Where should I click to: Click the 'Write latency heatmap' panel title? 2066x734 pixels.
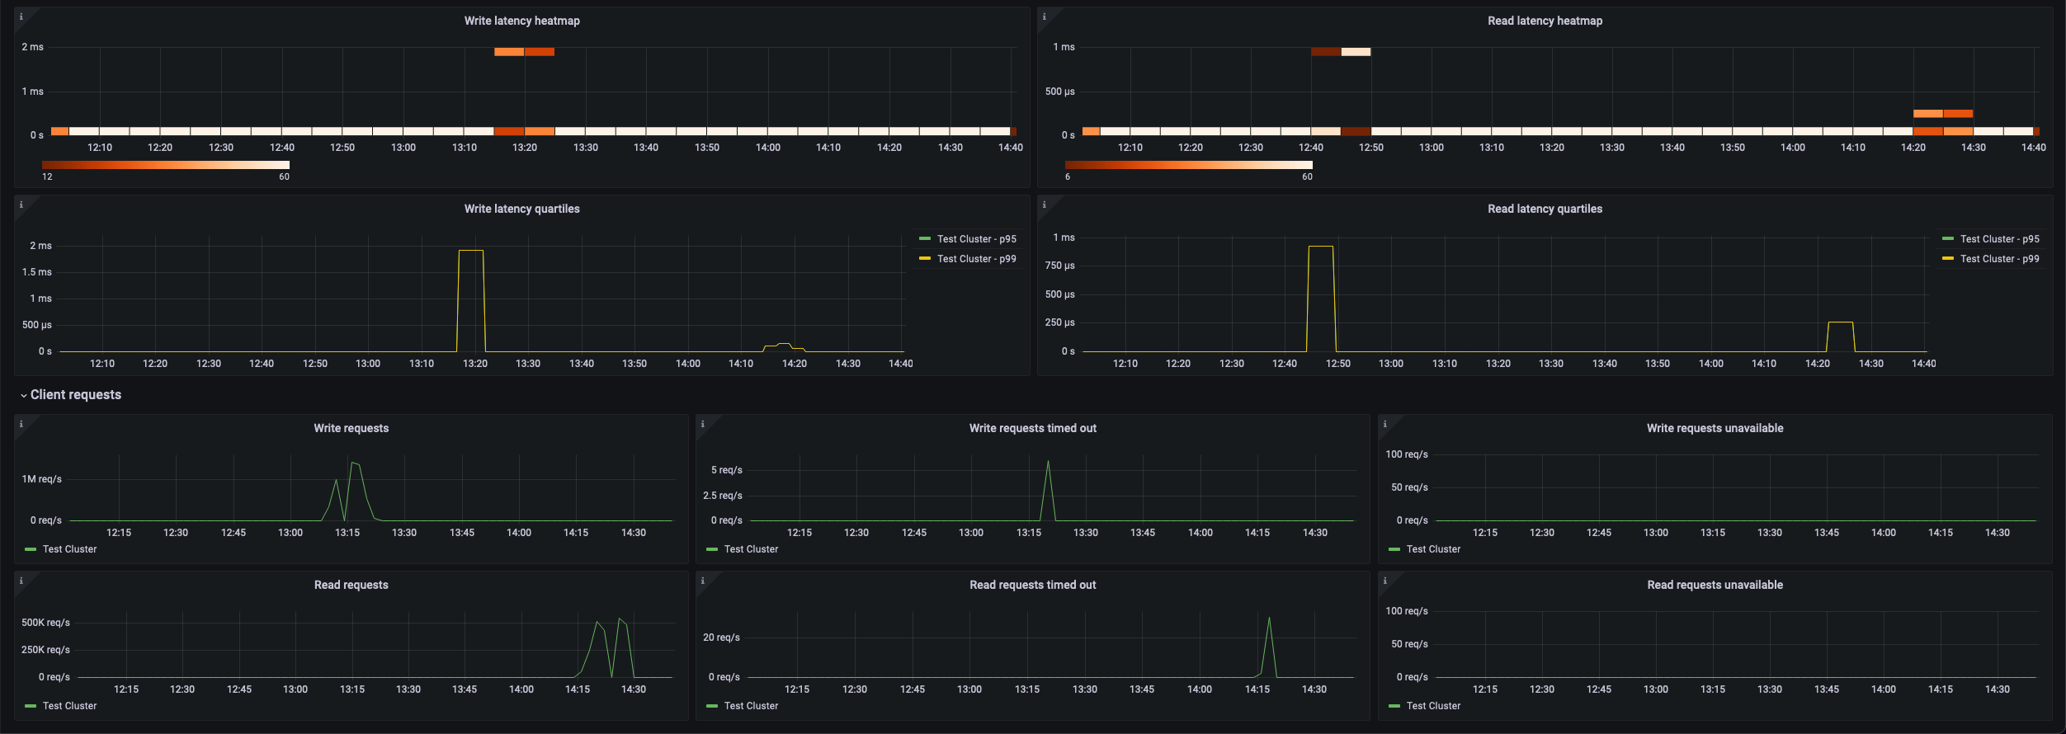521,21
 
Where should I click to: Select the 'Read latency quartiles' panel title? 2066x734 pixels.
1545,209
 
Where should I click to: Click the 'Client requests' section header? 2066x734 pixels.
76,395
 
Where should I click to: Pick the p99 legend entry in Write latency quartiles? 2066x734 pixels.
976,259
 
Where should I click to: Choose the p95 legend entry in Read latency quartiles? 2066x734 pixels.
1999,239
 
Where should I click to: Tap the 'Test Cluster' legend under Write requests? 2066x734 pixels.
69,549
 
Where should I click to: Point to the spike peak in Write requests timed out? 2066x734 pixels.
1048,462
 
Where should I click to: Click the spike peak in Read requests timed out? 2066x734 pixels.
1269,619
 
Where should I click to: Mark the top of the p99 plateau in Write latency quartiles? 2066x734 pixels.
471,251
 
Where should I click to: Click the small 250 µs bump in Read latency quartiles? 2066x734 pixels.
1841,322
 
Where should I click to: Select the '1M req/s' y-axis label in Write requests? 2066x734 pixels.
42,479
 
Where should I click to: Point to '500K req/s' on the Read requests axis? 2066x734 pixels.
46,623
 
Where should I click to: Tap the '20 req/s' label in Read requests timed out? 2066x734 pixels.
721,638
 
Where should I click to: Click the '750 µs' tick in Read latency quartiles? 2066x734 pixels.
1059,266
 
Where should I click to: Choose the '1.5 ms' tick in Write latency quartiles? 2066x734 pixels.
37,272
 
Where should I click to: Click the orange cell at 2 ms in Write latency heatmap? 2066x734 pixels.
509,52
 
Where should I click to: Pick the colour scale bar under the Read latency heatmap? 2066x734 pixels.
1188,165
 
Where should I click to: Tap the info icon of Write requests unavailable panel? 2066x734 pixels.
1384,424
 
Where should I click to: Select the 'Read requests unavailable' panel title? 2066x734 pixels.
1715,585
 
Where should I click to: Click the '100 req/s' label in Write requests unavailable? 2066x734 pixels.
1407,454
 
